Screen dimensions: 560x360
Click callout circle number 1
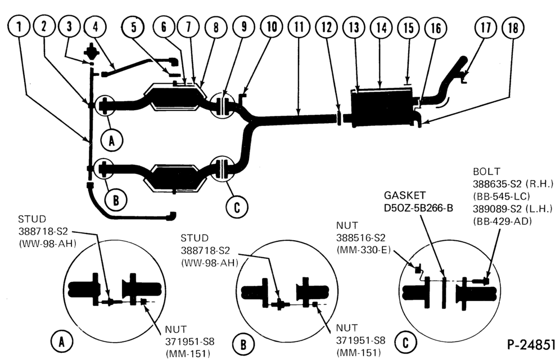19,27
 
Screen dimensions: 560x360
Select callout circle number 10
272,27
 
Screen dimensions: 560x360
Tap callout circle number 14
381,28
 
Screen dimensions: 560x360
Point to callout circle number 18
513,28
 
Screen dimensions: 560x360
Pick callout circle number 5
133,27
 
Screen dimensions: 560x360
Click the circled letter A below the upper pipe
111,141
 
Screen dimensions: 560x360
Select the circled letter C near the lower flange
237,206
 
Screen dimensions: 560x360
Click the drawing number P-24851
531,344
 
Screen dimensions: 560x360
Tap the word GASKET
405,195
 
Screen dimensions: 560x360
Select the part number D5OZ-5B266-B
418,208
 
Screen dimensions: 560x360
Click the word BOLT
486,172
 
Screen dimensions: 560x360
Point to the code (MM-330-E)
364,250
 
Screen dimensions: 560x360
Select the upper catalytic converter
175,96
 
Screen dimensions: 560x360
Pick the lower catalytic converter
175,178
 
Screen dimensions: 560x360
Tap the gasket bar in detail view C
444,292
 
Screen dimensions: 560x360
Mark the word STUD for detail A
32,219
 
